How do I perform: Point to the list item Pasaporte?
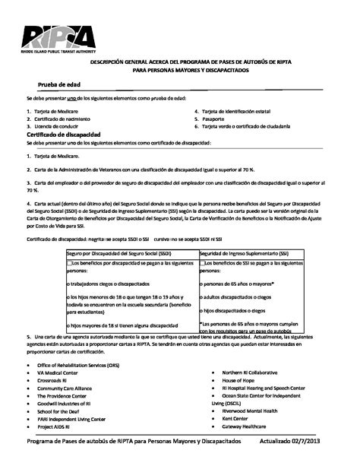coord(216,119)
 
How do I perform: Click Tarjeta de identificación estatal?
coord(238,111)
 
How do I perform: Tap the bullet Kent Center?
coord(236,418)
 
